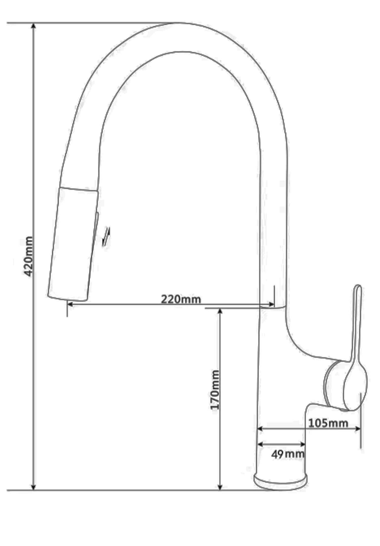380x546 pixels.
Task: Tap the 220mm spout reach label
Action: tap(181, 299)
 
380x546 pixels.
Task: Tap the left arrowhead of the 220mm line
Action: tap(70, 304)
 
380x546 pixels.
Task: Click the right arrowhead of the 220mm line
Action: tap(271, 304)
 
